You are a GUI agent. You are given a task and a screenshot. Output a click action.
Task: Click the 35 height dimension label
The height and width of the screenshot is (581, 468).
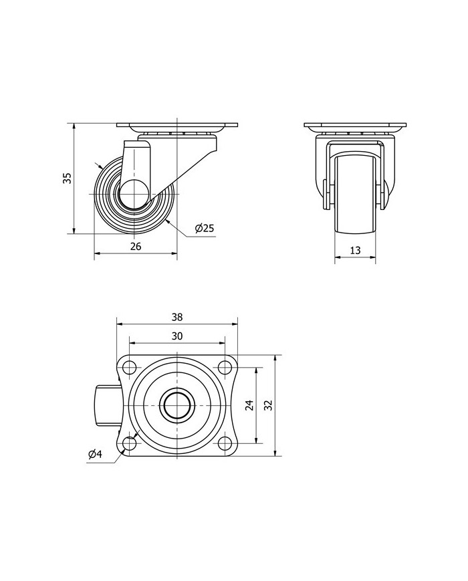point(67,178)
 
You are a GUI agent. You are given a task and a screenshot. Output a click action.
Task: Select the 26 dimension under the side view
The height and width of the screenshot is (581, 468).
point(135,247)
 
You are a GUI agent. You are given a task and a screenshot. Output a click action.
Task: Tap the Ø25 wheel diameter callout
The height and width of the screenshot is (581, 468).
point(204,229)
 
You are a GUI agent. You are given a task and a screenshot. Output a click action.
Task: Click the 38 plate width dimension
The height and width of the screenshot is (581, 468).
point(177,317)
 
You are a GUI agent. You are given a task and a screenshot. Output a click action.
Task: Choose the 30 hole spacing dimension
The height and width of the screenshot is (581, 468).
point(177,336)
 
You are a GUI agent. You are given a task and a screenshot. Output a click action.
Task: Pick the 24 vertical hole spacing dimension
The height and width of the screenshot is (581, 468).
point(250,405)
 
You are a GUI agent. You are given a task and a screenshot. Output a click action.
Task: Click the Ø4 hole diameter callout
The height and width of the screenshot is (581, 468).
point(95,455)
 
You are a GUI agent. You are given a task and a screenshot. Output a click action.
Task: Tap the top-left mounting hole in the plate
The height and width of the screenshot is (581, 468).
point(130,367)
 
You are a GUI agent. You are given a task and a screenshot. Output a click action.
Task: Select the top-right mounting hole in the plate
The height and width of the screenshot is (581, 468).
point(223,367)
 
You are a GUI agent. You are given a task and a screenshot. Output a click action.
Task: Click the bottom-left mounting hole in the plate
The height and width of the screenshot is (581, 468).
point(130,443)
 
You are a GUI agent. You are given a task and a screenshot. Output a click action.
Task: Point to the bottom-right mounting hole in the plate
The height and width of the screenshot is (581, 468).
point(223,443)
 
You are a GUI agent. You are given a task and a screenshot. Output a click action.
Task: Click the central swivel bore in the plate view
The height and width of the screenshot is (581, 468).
point(177,405)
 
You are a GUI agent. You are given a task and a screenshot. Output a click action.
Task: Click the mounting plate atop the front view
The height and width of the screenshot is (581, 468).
point(355,127)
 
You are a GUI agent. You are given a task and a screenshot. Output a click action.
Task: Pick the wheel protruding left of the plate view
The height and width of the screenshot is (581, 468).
point(108,405)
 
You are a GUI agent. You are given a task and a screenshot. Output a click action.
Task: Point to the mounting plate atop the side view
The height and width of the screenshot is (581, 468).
point(177,127)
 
